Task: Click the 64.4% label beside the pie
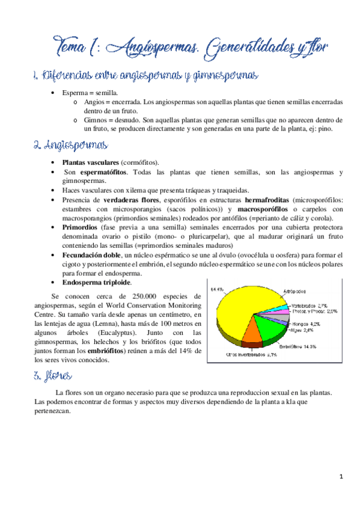(x=217, y=289)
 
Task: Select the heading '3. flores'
(x=53, y=376)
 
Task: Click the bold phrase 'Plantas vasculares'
(x=91, y=163)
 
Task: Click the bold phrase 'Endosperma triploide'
(x=97, y=282)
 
